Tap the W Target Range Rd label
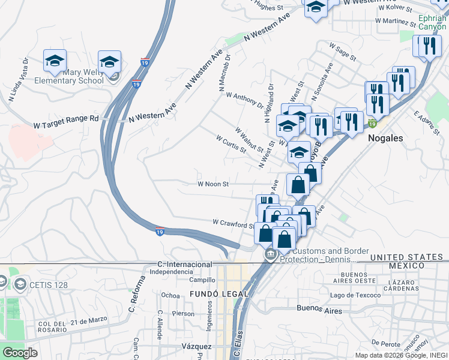(x=65, y=119)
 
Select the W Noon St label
(x=213, y=185)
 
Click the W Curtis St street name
(x=231, y=143)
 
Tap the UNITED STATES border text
(x=406, y=257)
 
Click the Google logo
(x=20, y=353)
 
